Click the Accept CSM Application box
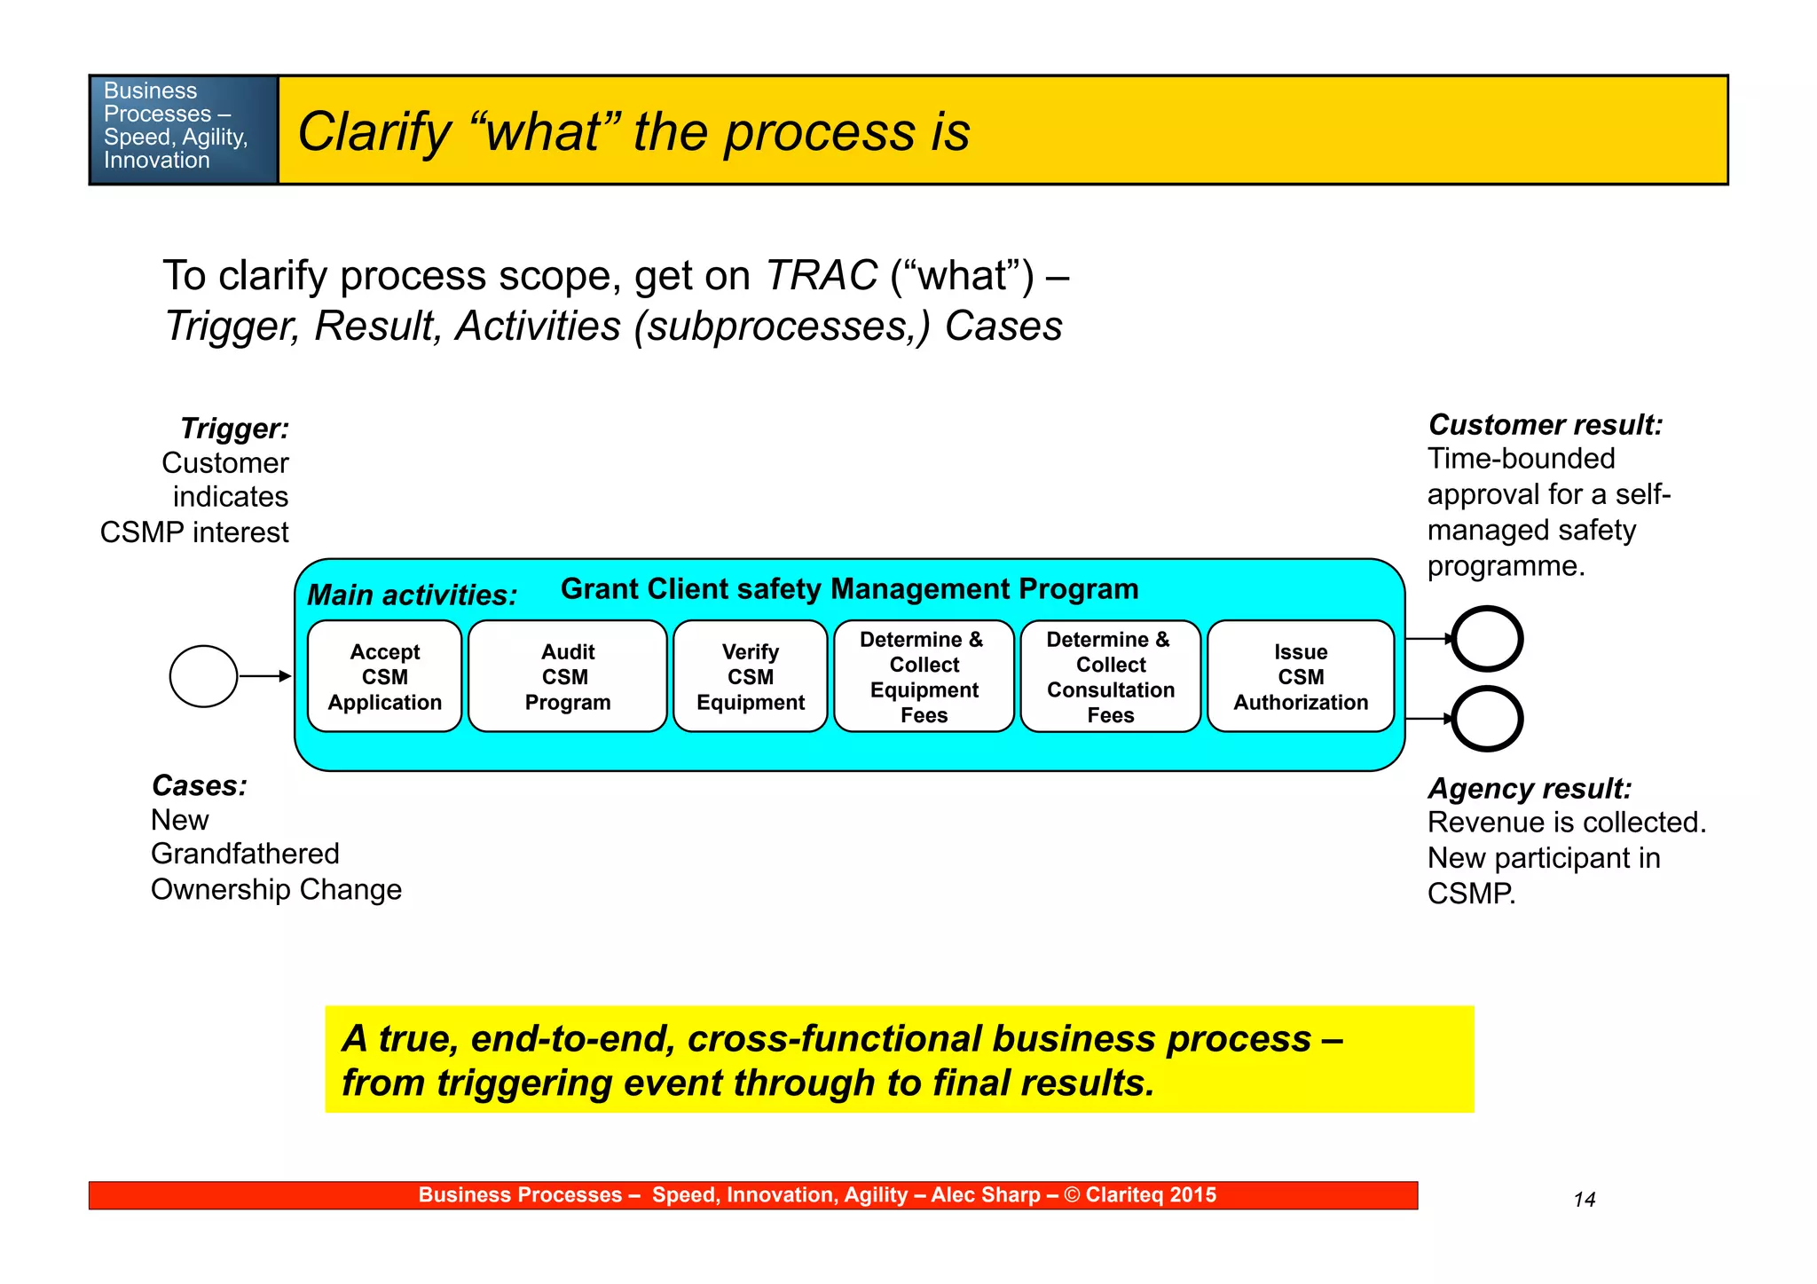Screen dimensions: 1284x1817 tap(384, 676)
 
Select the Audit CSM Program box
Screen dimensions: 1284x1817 tap(567, 676)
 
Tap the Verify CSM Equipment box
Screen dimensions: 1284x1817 tap(750, 676)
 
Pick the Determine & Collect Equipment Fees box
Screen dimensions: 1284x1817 tap(924, 676)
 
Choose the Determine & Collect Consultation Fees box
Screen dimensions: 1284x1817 tap(1110, 676)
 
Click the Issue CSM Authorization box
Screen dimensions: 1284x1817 tap(1300, 676)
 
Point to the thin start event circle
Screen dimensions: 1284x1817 tap(203, 676)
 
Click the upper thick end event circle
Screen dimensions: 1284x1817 tap(1487, 639)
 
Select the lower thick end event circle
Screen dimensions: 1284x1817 tap(1487, 718)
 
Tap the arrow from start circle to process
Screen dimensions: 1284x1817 tap(265, 676)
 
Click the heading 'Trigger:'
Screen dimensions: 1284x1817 tap(234, 429)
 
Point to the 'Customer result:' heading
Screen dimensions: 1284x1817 tap(1545, 425)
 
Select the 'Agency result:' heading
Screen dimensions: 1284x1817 tap(1529, 788)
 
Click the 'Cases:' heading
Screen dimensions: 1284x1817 tap(199, 785)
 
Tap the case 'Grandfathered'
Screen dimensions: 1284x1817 tap(245, 854)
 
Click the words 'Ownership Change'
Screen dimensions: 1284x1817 tap(276, 889)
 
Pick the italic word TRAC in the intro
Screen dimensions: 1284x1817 tap(821, 275)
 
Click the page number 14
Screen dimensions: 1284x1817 tap(1584, 1200)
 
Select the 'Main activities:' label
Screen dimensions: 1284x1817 tap(412, 595)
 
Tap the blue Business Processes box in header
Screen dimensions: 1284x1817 tap(184, 130)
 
